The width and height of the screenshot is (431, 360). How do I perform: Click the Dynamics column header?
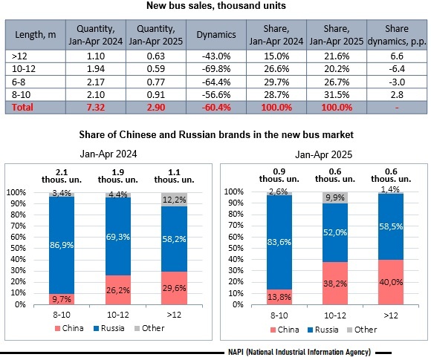(x=216, y=35)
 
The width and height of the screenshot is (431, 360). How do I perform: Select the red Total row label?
(x=22, y=107)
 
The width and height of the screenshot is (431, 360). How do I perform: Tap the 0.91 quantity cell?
(x=156, y=95)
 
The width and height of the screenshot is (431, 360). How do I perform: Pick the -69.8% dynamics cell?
(x=216, y=68)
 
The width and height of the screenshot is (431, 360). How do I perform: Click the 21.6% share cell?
(x=337, y=56)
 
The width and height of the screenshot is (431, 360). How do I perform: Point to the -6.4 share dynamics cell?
(x=397, y=68)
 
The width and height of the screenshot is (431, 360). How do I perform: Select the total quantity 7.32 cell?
(x=96, y=107)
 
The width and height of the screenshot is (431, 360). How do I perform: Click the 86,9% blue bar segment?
(x=62, y=245)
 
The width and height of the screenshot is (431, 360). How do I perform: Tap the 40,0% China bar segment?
(x=391, y=282)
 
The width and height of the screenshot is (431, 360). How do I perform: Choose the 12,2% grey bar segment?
(x=174, y=200)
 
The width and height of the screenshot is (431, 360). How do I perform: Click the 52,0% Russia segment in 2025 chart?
(x=335, y=232)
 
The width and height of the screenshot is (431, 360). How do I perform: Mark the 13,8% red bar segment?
(x=279, y=297)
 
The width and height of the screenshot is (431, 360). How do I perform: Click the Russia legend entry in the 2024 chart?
(x=109, y=328)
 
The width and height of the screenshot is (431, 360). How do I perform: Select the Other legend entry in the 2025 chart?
(x=362, y=330)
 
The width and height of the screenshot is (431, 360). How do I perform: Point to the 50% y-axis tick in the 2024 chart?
(x=18, y=248)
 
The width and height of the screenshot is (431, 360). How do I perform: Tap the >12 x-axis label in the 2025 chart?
(x=391, y=315)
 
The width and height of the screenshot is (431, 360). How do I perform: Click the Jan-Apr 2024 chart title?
(x=108, y=154)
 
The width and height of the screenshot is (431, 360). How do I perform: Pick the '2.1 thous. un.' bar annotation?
(x=62, y=176)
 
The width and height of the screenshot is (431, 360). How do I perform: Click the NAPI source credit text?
(x=299, y=352)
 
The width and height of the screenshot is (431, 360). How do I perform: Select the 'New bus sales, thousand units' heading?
(x=216, y=5)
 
